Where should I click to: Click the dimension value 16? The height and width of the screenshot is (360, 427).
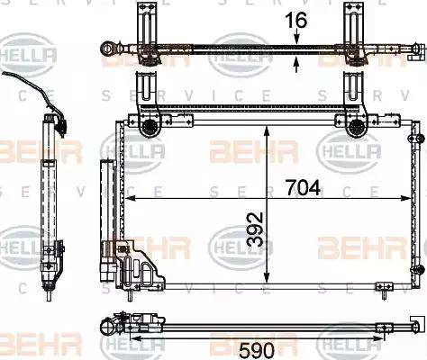[x=298, y=20]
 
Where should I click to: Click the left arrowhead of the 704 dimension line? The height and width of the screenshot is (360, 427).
[x=129, y=197]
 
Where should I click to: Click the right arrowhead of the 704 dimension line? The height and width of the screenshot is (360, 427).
[x=411, y=197]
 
